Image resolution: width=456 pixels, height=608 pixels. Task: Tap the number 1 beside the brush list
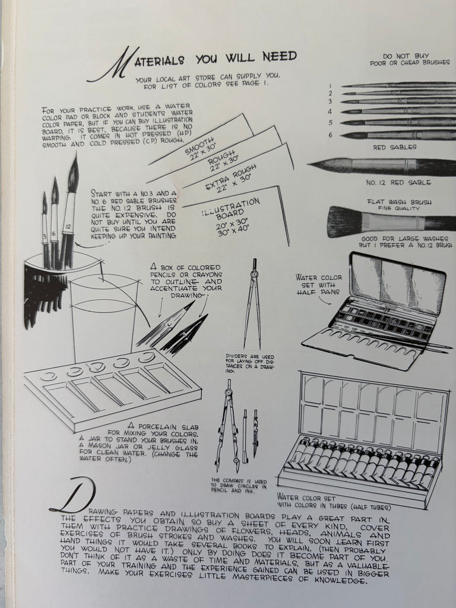(328, 85)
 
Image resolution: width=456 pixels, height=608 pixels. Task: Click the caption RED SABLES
(395, 147)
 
